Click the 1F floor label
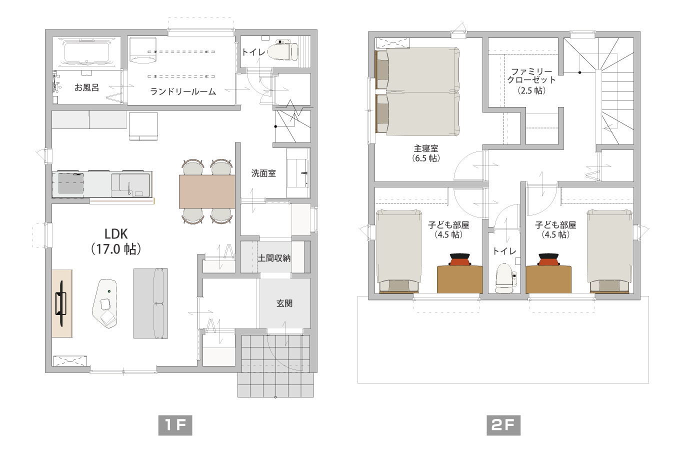[x=174, y=425]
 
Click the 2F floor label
[x=503, y=425]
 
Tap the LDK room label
[x=116, y=240]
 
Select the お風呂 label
[x=86, y=87]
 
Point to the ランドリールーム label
[x=183, y=91]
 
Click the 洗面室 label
[x=263, y=173]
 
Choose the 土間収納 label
[x=274, y=258]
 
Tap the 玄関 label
[x=284, y=303]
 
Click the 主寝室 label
[x=426, y=153]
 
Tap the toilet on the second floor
[x=503, y=278]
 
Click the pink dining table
[x=206, y=191]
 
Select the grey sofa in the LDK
[x=149, y=303]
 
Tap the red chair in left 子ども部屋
[x=459, y=260]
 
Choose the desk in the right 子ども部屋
[x=548, y=279]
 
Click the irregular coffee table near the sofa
[x=106, y=303]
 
